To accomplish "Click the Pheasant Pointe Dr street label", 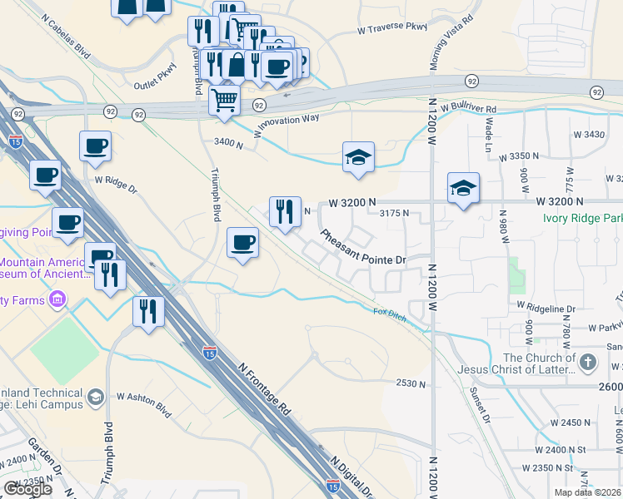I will pyautogui.click(x=363, y=247).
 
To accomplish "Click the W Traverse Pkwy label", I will pyautogui.click(x=391, y=27).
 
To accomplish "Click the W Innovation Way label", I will pyautogui.click(x=287, y=125).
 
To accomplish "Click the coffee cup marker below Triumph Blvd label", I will pyautogui.click(x=242, y=242).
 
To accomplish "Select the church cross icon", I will pyautogui.click(x=588, y=362).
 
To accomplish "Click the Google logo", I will pyautogui.click(x=27, y=489).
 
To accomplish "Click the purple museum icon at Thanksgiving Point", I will pyautogui.click(x=58, y=299).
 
